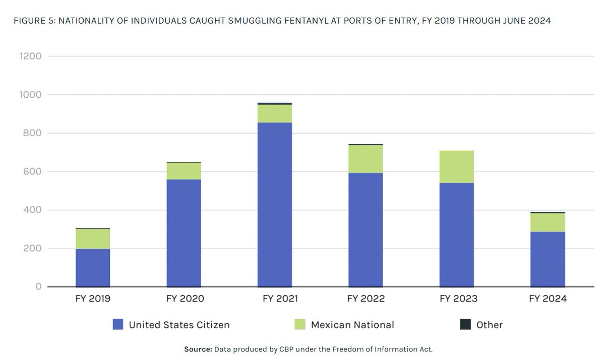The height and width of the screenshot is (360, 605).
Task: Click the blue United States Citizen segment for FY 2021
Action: tap(275, 204)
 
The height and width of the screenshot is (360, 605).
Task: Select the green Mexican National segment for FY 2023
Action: tap(456, 166)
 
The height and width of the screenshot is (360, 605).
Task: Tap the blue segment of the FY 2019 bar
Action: tap(93, 267)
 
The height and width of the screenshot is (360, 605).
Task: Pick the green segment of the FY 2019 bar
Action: tap(93, 239)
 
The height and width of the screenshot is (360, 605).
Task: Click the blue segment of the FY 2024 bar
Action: tap(548, 259)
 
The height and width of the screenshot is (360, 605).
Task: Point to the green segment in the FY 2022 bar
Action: tap(366, 159)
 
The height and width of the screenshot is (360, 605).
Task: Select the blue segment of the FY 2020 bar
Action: tap(184, 233)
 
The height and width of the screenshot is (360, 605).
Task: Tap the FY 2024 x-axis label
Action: tap(548, 299)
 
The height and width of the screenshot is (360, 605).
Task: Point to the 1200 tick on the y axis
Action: tap(30, 56)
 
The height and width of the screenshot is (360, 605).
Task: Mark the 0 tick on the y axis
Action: tap(38, 287)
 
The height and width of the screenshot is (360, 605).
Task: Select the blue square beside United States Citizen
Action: tap(117, 325)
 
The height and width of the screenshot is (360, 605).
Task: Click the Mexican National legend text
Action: tap(352, 325)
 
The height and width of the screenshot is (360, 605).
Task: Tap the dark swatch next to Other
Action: tap(465, 325)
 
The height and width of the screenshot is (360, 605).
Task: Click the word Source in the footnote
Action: tap(197, 349)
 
